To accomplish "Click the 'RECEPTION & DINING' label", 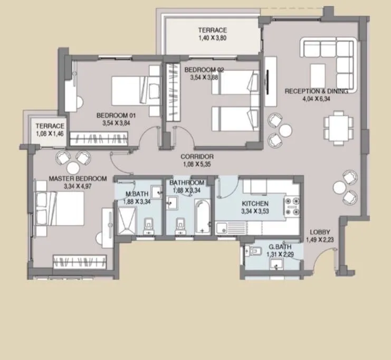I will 316,91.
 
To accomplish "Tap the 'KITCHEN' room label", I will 255,204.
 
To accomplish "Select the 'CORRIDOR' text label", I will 197,157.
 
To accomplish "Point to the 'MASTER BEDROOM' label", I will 78,179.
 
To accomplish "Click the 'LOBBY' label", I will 320,232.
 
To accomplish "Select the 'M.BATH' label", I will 136,194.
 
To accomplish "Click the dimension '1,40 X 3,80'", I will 212,38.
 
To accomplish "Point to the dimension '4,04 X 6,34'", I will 317,98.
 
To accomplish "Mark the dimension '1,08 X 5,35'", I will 197,164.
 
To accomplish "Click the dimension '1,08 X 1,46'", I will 50,134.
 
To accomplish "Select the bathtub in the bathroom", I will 203,216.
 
